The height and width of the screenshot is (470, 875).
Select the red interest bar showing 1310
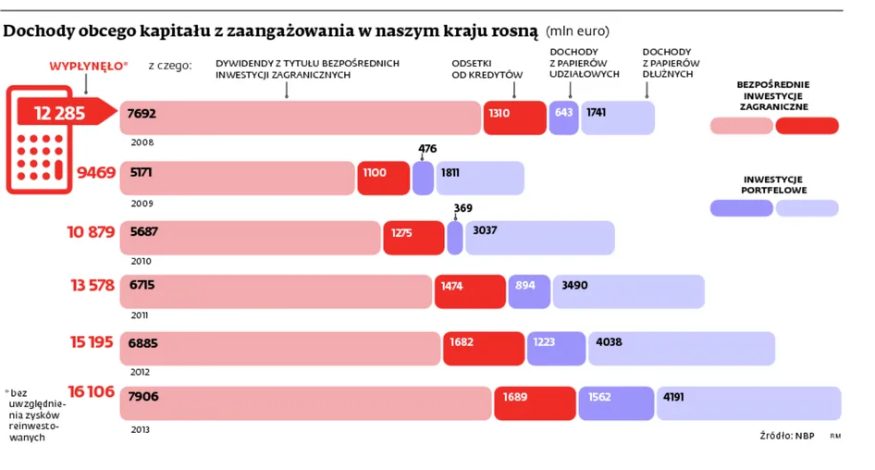pos(514,117)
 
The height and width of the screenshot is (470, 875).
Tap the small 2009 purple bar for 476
pos(423,178)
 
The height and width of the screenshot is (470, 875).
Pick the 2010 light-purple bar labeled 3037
pos(539,238)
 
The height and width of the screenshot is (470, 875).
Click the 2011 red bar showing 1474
pos(470,291)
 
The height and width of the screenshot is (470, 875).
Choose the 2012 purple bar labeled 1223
pos(556,348)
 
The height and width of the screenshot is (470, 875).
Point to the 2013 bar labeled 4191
pos(748,403)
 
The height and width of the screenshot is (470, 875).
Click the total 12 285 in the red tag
pos(60,114)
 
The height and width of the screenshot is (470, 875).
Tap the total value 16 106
pos(90,391)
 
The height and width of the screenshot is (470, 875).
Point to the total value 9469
pos(96,172)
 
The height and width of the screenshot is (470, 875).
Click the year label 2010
pos(142,261)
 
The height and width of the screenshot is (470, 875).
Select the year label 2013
pos(141,429)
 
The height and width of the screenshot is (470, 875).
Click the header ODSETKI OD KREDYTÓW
pos(487,68)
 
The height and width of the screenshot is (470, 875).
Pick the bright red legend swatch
pos(807,126)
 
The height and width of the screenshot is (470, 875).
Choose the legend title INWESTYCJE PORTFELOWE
pos(774,185)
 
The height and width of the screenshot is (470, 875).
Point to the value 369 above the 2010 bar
pos(462,208)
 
